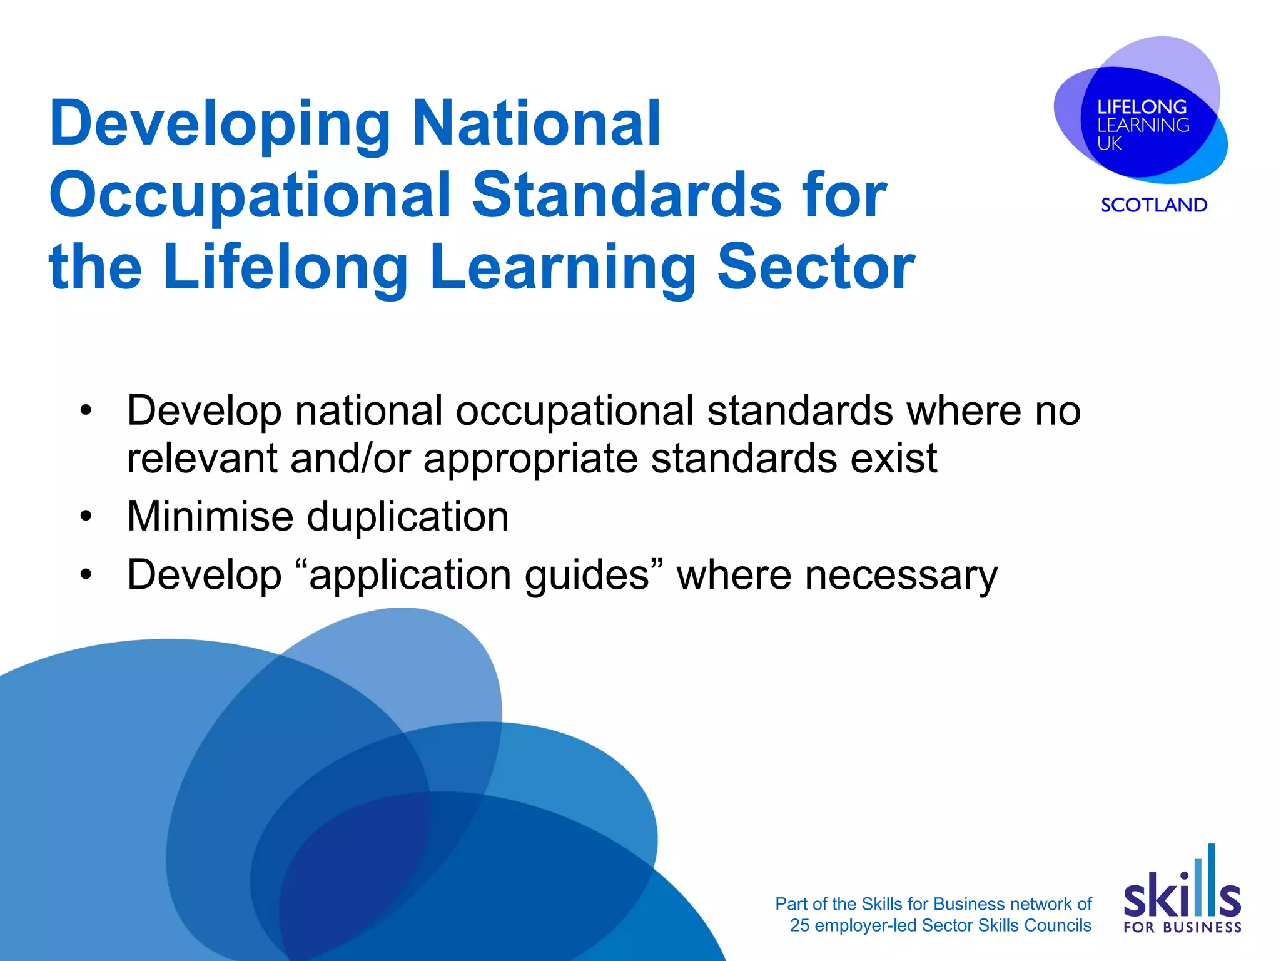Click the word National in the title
[x=536, y=124]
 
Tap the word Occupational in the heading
[x=250, y=195]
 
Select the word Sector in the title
[x=816, y=267]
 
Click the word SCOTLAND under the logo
[x=1154, y=205]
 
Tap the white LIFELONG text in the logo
[x=1142, y=107]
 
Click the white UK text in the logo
[x=1109, y=144]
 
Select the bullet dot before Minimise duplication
[x=86, y=517]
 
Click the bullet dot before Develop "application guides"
[x=86, y=574]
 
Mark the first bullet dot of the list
[x=86, y=411]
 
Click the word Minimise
[x=210, y=517]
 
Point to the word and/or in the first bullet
[x=350, y=459]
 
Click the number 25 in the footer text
[x=799, y=925]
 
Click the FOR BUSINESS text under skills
[x=1182, y=927]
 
